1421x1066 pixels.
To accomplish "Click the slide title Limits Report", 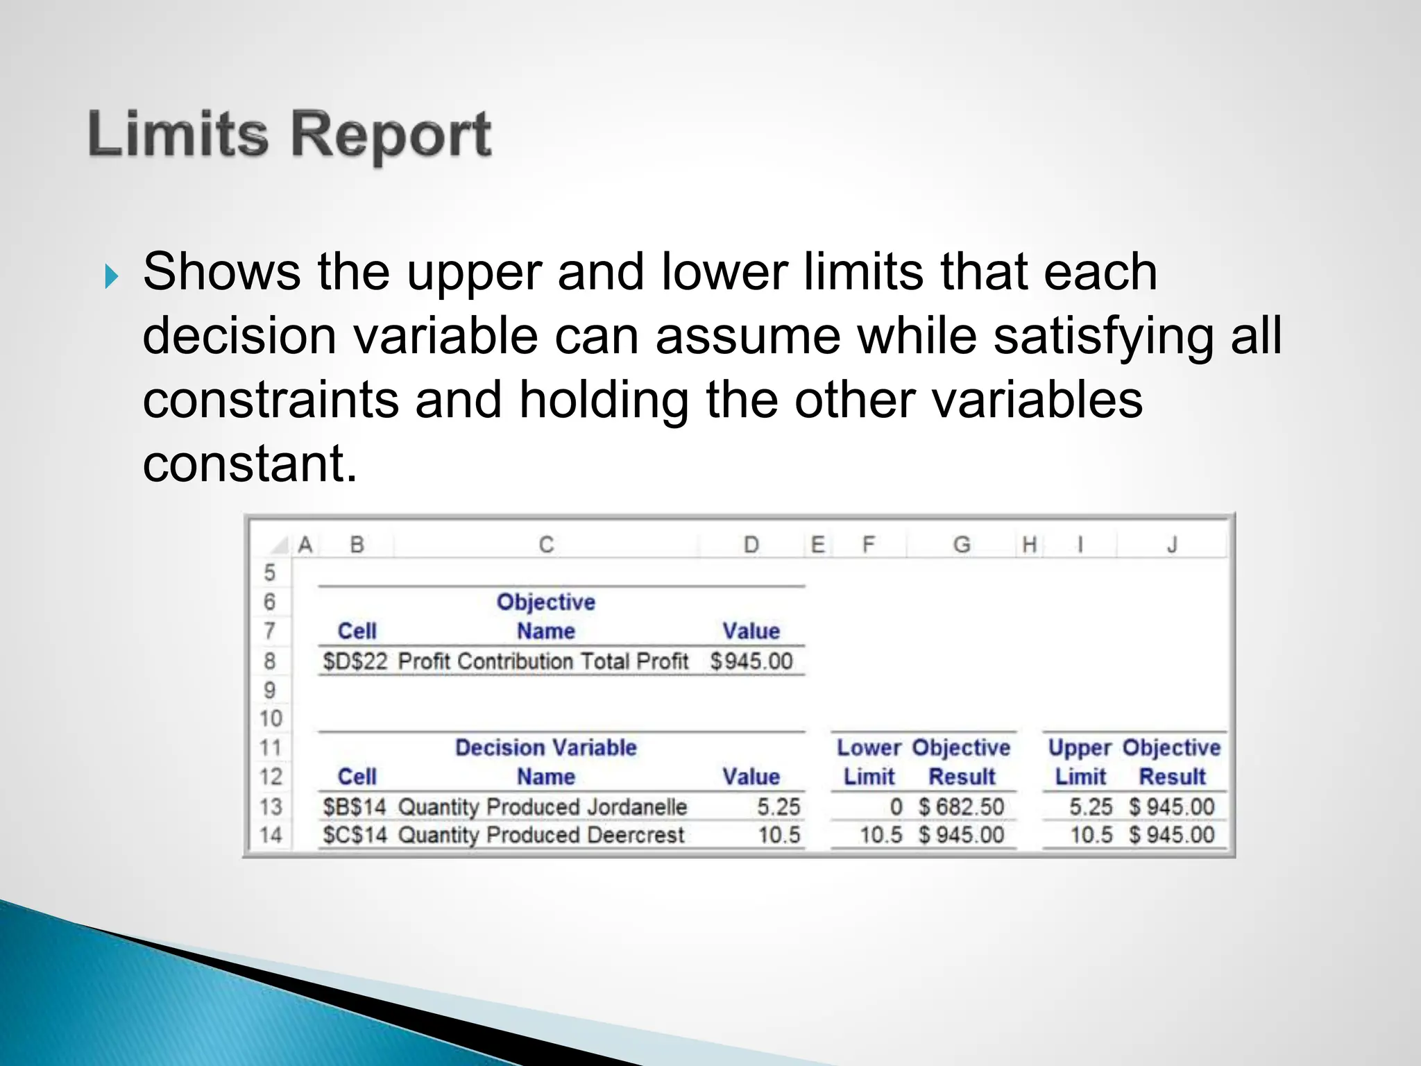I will pos(290,135).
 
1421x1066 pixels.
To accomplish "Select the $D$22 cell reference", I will pos(355,661).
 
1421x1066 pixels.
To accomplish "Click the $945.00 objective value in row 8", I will pos(751,661).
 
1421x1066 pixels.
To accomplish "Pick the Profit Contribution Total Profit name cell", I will pos(543,661).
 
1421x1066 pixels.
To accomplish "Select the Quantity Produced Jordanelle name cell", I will pos(542,807).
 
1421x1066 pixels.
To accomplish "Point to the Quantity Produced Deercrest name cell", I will pos(541,835).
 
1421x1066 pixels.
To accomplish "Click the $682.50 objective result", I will pos(961,807).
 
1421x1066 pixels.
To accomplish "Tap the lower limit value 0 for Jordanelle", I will pos(896,807).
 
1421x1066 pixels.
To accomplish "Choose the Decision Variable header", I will pos(545,747).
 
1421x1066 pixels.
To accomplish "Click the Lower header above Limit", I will pos(869,747).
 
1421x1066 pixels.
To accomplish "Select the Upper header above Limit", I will pos(1080,747).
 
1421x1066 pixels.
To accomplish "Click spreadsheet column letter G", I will pos(961,545).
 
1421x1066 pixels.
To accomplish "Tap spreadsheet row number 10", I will pos(271,718).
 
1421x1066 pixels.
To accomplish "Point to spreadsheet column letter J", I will pos(1172,545).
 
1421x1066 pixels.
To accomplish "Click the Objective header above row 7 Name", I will pos(545,602).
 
